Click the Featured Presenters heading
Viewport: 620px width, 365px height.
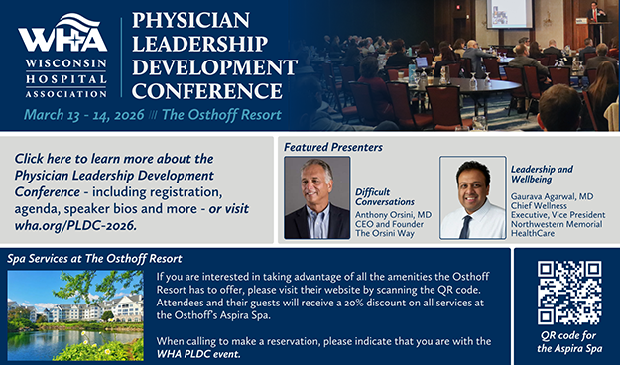coord(332,147)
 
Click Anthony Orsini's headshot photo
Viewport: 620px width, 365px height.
coord(316,198)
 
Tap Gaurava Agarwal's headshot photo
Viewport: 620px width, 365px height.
coord(472,198)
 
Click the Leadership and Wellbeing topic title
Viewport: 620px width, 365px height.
coord(542,176)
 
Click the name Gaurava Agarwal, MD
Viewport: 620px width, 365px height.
coord(558,196)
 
